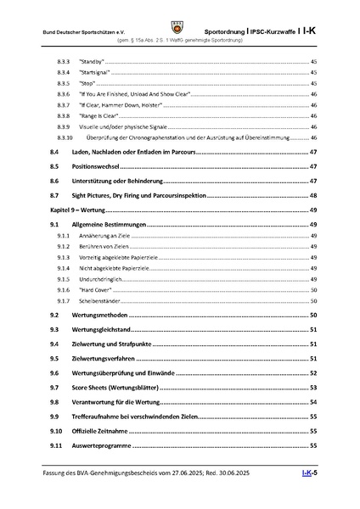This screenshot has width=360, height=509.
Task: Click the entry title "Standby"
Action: [89, 63]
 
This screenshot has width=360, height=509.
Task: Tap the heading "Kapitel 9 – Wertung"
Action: [77, 209]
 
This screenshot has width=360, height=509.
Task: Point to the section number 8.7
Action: [54, 195]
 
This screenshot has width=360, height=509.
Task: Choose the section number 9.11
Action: [56, 445]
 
